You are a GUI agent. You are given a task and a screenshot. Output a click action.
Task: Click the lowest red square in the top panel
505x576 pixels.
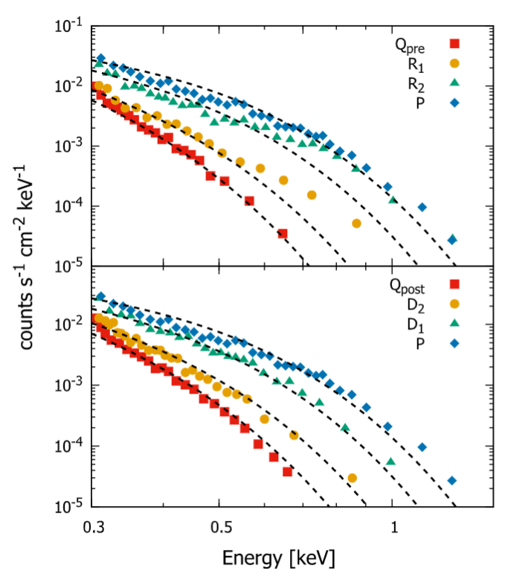point(283,234)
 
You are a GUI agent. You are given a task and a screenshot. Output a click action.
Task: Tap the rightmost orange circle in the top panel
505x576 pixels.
point(356,223)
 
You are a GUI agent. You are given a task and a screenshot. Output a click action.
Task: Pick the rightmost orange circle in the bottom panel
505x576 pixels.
point(352,478)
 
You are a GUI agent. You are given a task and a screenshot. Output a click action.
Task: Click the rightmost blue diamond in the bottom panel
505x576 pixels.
point(451,481)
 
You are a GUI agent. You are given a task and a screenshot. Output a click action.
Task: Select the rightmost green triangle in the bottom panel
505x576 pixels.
point(391,462)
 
